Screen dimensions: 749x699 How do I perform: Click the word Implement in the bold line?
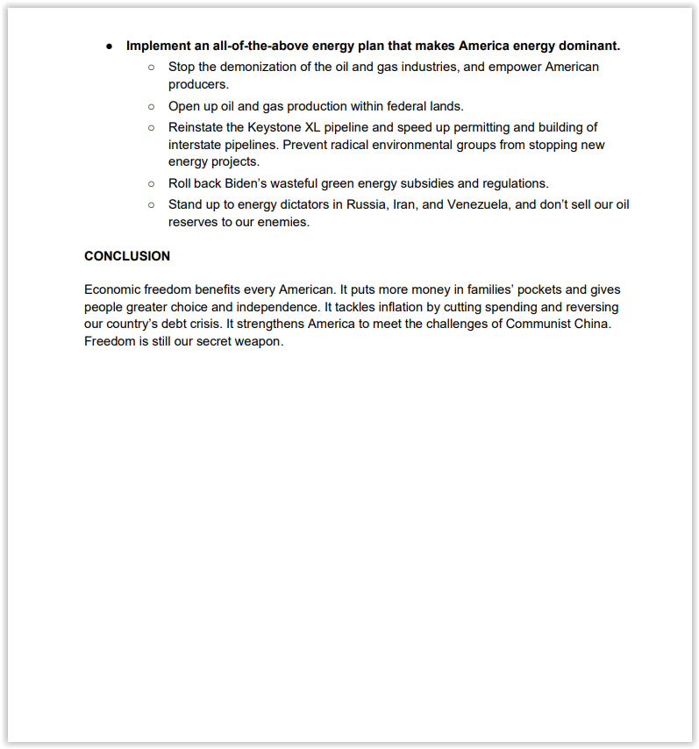[159, 46]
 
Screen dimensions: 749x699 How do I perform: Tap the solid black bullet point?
[110, 46]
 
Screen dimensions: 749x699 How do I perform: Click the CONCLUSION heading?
[127, 256]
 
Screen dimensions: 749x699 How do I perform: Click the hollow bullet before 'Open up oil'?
[151, 106]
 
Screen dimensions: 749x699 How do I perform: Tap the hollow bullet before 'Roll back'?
[151, 183]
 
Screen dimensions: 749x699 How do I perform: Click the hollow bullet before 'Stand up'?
[151, 204]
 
